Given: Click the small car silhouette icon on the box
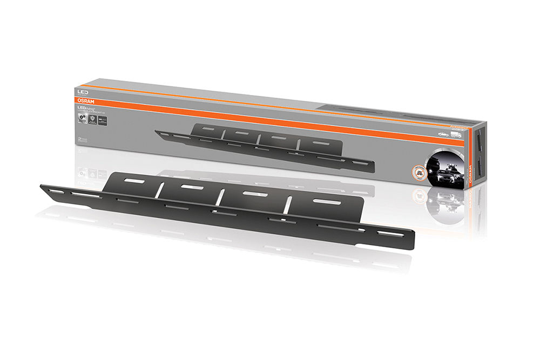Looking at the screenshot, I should click(x=442, y=133).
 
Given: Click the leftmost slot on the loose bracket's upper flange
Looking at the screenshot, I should click(x=134, y=181).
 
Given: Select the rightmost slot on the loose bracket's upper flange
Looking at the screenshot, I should click(x=326, y=202).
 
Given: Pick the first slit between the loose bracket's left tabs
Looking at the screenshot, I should click(x=159, y=190).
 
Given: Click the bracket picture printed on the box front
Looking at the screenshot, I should click(x=265, y=146).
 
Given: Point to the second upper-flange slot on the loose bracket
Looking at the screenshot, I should click(x=192, y=187).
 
